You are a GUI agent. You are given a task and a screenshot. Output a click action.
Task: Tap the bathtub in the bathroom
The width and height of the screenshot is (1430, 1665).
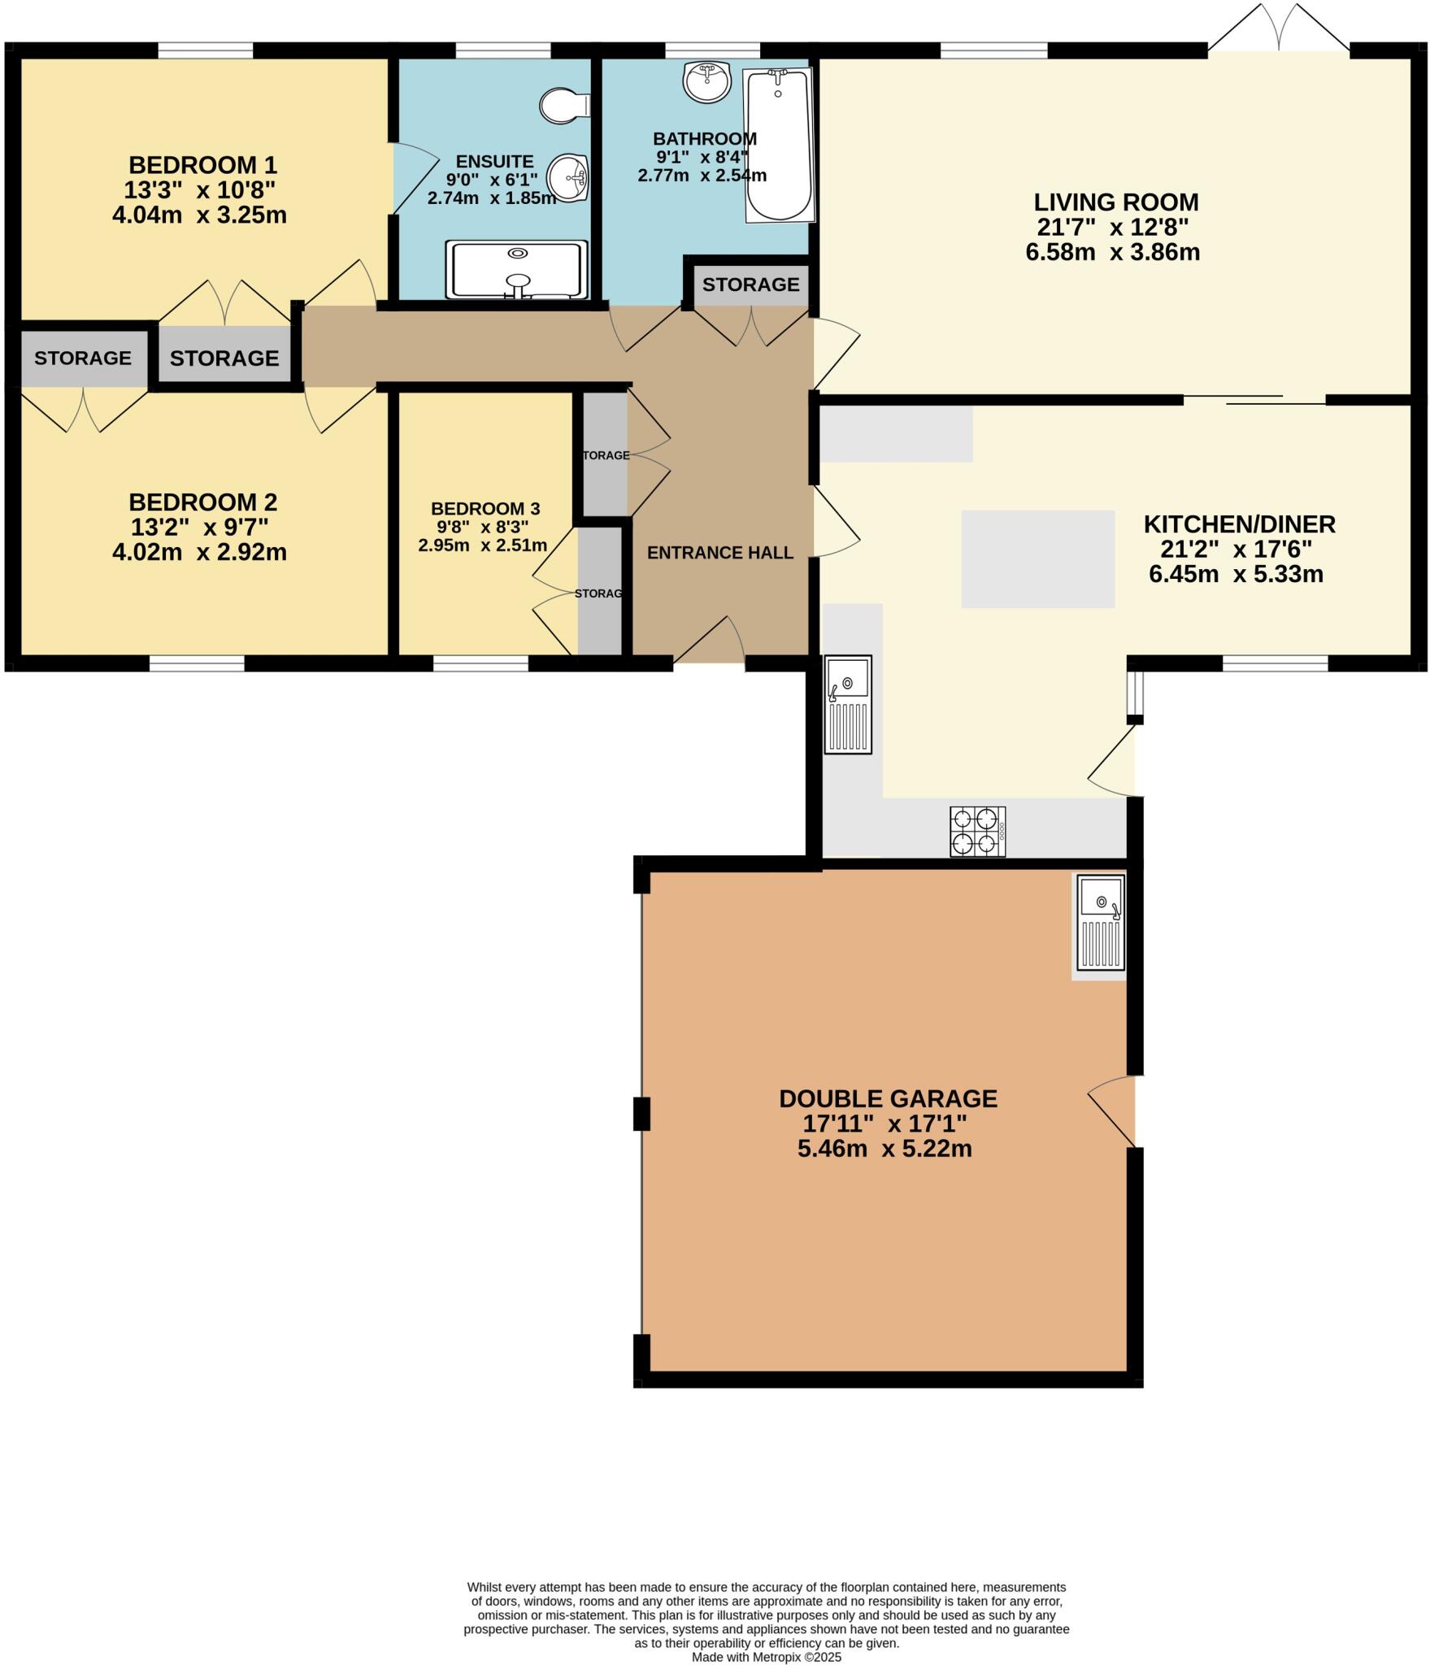tap(779, 145)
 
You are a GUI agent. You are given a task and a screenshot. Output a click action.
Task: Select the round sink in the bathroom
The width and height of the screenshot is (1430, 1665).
tap(707, 82)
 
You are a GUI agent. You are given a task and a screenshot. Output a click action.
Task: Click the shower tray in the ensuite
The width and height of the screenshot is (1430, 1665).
tap(516, 269)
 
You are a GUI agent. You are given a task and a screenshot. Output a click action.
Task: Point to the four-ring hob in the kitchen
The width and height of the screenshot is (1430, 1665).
tap(978, 831)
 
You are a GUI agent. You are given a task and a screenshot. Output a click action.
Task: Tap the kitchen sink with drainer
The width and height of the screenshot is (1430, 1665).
tap(848, 704)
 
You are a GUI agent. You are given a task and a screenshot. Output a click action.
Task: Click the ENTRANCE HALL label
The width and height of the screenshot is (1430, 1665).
tap(719, 553)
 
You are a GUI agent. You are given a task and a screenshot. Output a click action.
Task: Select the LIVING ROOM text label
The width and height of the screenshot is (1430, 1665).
tap(1115, 202)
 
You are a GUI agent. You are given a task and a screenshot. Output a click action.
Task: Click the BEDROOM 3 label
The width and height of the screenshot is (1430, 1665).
tap(485, 509)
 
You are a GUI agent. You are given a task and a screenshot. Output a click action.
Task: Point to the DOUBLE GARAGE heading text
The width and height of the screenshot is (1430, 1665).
tap(888, 1098)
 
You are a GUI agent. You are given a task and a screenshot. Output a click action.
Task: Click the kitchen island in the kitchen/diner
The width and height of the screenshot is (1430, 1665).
tap(1037, 559)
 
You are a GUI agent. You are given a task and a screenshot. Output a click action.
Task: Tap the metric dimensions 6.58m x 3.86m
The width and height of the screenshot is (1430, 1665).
tap(1112, 252)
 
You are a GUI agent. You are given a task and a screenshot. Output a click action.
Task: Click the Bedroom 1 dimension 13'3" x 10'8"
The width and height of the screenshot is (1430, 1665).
tap(199, 190)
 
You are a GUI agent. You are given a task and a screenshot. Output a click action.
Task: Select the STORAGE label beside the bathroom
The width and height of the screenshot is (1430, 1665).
tap(750, 285)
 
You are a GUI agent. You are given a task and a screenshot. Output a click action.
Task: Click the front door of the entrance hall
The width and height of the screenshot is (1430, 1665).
tap(709, 642)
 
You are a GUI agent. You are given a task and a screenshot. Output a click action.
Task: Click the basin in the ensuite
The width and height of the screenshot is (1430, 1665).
tap(568, 176)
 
